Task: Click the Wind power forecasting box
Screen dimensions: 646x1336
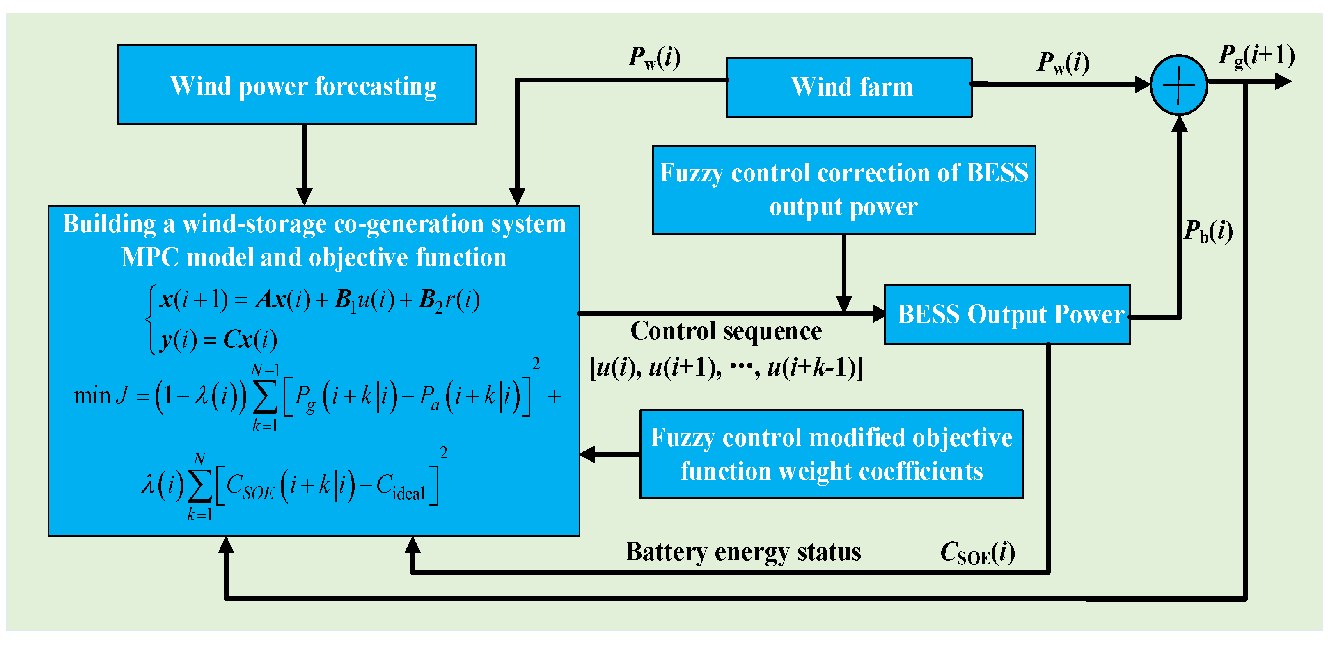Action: pos(297,85)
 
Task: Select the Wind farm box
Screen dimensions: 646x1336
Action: pos(848,87)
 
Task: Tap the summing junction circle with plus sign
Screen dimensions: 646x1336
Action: pos(1178,85)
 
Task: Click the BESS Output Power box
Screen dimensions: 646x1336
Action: pos(1007,314)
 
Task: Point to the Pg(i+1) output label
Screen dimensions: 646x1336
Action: pos(1256,56)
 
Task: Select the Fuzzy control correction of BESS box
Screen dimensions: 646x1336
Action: pos(844,190)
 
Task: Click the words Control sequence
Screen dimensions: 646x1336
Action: pos(726,331)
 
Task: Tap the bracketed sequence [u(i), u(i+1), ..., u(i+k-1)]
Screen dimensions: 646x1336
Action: pos(726,368)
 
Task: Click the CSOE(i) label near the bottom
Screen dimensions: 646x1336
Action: pos(977,553)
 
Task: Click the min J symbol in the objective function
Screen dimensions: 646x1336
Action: pos(101,396)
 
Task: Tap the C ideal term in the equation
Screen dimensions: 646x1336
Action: pos(400,487)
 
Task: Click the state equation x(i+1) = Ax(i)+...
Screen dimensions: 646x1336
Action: pos(319,300)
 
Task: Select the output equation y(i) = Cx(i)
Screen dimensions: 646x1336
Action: pos(218,339)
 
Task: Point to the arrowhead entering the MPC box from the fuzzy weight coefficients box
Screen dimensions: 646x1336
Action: pos(588,454)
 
